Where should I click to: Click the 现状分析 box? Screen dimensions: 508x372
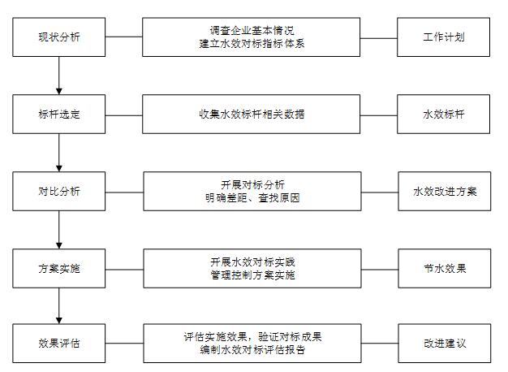click(59, 37)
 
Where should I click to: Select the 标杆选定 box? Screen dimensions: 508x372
click(59, 115)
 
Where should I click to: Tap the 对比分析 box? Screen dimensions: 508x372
click(59, 192)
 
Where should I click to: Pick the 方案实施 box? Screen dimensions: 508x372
click(59, 269)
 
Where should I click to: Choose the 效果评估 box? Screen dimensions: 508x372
click(59, 343)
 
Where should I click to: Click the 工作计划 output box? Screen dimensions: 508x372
click(444, 37)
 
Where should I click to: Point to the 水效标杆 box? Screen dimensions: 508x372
click(444, 115)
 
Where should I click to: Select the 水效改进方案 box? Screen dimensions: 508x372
click(445, 192)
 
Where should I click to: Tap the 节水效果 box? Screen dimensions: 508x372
click(445, 269)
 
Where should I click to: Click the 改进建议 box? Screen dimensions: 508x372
click(445, 343)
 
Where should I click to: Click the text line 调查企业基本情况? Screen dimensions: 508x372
click(252, 31)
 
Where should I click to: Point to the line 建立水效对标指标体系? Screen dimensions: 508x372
click(252, 44)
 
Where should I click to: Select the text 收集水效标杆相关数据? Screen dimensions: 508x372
click(252, 115)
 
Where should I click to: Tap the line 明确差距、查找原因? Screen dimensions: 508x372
click(252, 198)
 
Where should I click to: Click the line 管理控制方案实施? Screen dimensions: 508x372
click(252, 275)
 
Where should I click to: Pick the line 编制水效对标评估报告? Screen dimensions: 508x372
click(252, 350)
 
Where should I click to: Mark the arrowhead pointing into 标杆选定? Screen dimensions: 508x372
click(59, 92)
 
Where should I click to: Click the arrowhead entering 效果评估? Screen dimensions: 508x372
click(59, 321)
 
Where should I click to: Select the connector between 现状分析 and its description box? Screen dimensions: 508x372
click(124, 37)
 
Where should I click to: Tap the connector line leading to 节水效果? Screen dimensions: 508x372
click(380, 269)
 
